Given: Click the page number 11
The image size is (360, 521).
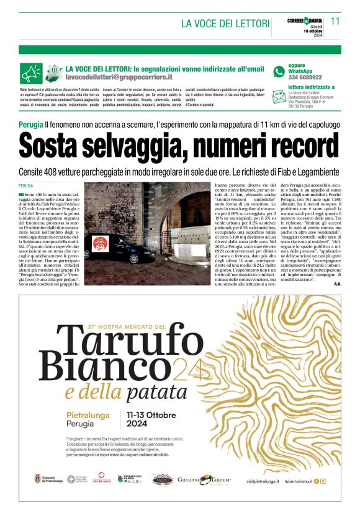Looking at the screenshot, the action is pos(335,21).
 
